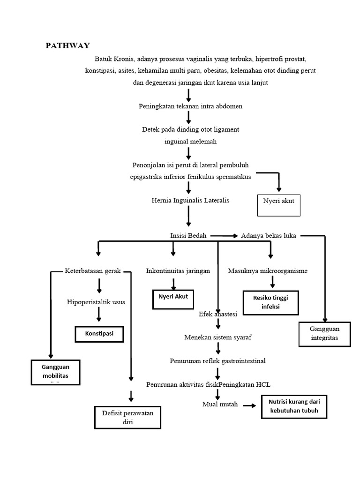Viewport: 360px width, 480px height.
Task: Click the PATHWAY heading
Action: (67, 45)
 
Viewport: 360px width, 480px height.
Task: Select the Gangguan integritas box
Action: (324, 333)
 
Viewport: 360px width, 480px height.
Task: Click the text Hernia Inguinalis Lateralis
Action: (191, 200)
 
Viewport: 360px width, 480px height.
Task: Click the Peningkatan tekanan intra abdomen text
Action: (190, 106)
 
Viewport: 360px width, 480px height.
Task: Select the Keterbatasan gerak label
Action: (92, 271)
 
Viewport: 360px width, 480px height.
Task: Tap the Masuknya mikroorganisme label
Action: (268, 271)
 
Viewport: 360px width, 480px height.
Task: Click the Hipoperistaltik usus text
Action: (96, 302)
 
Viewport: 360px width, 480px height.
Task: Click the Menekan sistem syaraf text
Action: (215, 337)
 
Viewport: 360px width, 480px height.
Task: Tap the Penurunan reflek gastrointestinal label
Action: (217, 361)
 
